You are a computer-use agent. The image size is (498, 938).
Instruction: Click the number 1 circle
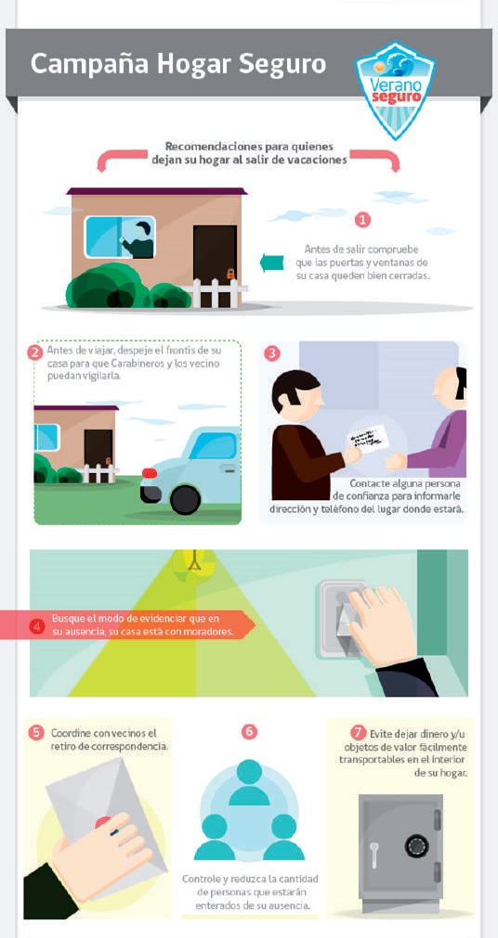click(x=362, y=220)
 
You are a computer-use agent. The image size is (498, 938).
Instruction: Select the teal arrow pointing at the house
click(x=271, y=263)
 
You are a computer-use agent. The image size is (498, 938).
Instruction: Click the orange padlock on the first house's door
click(x=230, y=275)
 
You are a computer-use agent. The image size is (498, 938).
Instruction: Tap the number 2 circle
click(x=34, y=353)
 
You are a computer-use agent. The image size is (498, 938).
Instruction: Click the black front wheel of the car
click(x=185, y=499)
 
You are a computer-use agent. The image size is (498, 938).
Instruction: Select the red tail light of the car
click(x=150, y=473)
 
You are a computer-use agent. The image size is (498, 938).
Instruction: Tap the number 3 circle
click(x=271, y=353)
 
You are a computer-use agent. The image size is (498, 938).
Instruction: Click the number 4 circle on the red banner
click(x=37, y=626)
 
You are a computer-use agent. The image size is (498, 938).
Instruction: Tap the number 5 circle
click(x=36, y=732)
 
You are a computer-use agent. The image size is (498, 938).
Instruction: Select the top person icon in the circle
click(x=249, y=782)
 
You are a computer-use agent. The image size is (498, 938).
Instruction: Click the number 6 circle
click(x=249, y=732)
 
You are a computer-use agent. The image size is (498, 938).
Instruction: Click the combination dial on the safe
click(x=416, y=846)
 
